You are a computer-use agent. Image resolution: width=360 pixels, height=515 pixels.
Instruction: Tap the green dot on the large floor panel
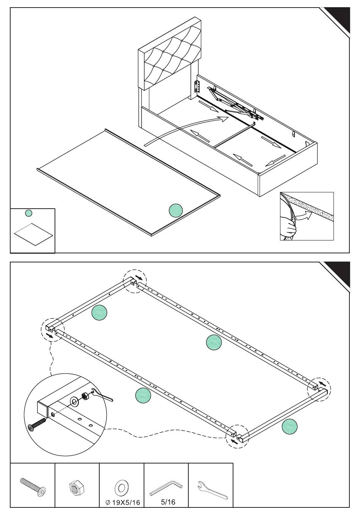176,211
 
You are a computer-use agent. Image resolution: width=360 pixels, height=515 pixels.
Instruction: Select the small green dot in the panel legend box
28,213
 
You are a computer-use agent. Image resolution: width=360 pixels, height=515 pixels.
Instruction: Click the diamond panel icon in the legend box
33,234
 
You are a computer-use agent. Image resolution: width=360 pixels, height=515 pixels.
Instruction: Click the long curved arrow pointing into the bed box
184,129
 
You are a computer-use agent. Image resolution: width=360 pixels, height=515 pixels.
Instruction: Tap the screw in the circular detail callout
37,423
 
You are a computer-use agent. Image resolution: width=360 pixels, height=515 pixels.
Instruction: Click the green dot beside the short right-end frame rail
290,426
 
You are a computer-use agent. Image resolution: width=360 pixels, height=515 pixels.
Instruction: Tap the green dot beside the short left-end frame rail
99,312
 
